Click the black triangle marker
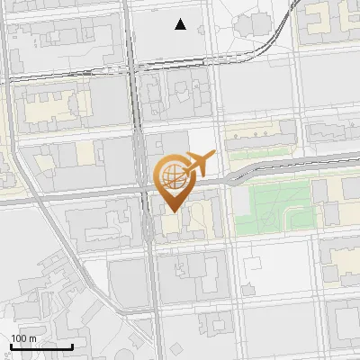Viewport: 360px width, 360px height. coord(181,24)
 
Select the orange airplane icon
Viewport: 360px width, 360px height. coord(199,164)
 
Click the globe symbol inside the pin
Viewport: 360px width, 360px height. coord(171,175)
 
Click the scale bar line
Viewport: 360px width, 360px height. coord(41,346)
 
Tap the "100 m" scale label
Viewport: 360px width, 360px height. coord(23,338)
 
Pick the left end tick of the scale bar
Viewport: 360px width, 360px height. coord(11,345)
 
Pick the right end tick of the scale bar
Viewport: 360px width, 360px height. coord(72,345)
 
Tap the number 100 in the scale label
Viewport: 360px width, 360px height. coord(19,338)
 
